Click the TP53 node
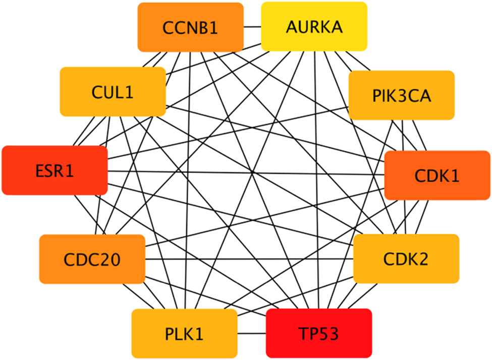318,333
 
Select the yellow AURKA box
313,27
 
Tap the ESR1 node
54,170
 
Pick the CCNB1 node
190,27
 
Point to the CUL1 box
113,92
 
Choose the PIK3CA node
401,95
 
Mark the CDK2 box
406,259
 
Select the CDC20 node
92,259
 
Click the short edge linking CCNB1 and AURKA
252,27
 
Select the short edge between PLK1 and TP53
251,333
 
